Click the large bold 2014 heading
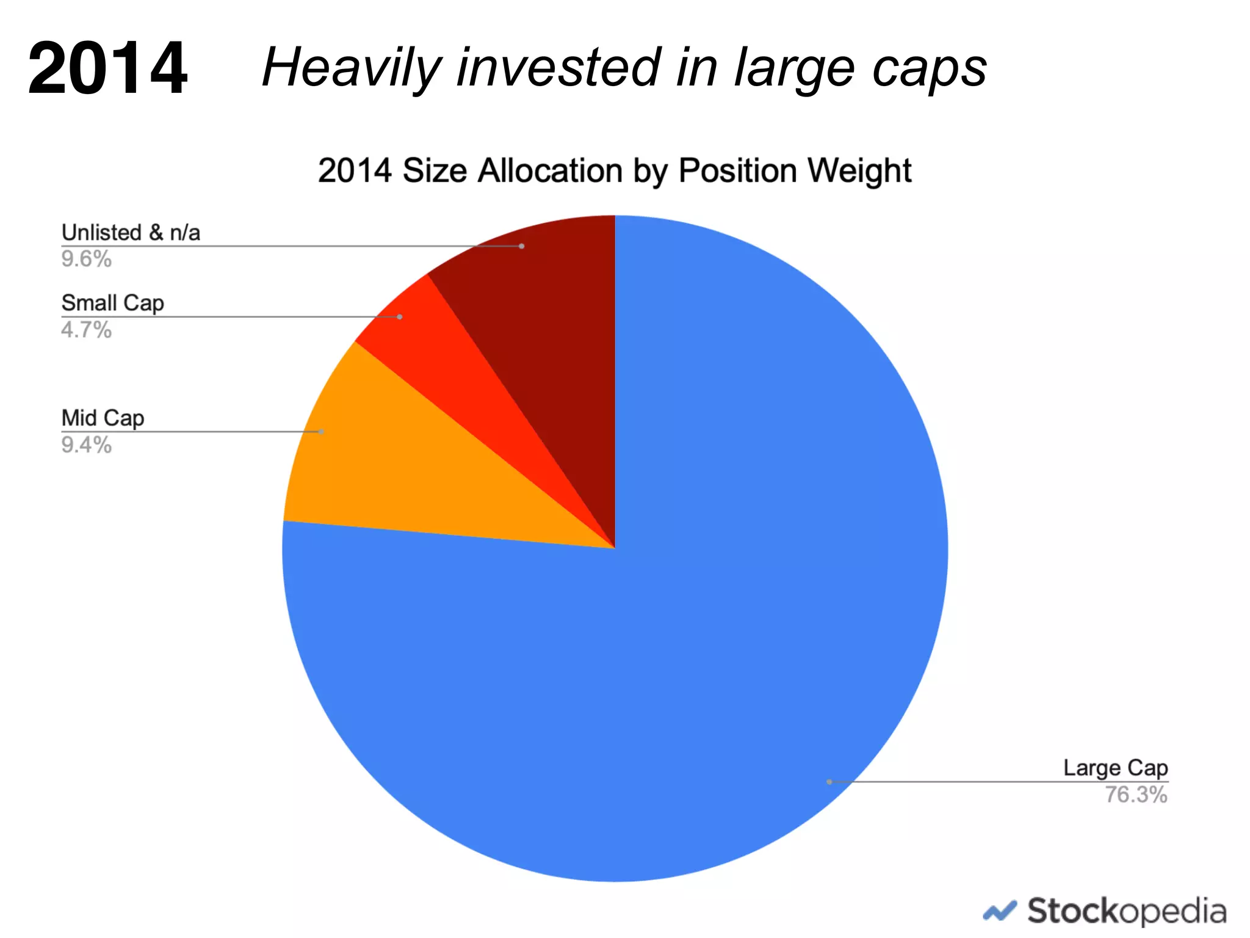click(x=107, y=68)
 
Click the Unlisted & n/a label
click(x=131, y=233)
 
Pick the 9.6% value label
click(x=86, y=259)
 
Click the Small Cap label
click(x=113, y=303)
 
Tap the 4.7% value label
click(x=86, y=330)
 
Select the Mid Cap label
click(x=103, y=418)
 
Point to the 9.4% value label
click(x=86, y=445)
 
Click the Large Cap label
click(x=1115, y=768)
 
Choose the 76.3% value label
click(x=1136, y=795)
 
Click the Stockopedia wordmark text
click(x=1127, y=912)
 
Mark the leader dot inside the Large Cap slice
click(x=829, y=782)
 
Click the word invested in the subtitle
click(x=559, y=68)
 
